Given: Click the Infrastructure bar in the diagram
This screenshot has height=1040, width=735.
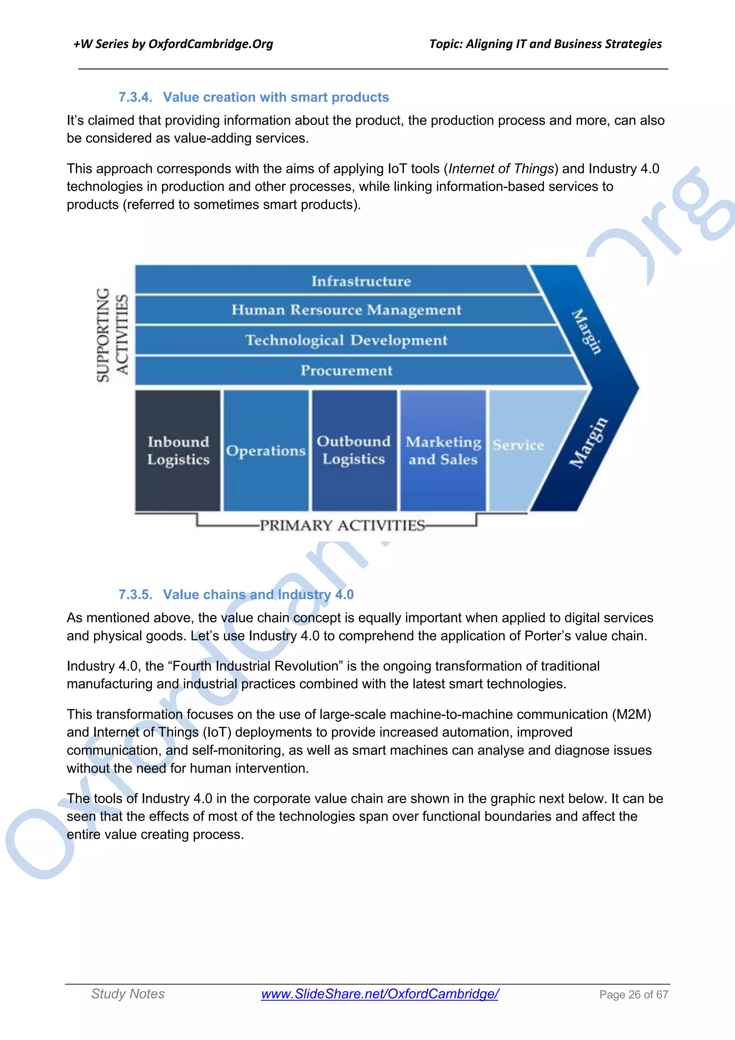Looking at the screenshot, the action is pos(361,281).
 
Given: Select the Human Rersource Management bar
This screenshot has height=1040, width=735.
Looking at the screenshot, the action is pos(346,310).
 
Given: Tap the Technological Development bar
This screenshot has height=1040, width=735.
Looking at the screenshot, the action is pos(346,340).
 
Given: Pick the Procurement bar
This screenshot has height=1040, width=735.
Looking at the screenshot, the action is pos(346,370).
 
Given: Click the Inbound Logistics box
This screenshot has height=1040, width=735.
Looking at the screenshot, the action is pos(178,450).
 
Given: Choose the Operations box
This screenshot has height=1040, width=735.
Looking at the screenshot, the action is pos(266,450).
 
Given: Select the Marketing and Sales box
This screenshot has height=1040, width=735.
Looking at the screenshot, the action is pos(443,450).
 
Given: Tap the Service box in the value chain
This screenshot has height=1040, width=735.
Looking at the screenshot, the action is pos(519,445).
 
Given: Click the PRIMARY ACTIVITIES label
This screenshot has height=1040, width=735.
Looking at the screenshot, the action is pos(342,525).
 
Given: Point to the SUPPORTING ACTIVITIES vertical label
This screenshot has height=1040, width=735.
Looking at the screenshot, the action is pos(112,335).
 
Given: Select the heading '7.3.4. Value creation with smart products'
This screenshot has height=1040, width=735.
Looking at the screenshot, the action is pos(254,97).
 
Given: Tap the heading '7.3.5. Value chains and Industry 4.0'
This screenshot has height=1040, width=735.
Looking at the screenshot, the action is pos(236,594).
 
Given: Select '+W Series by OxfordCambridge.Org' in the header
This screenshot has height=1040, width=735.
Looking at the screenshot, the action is pos(173,44).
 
